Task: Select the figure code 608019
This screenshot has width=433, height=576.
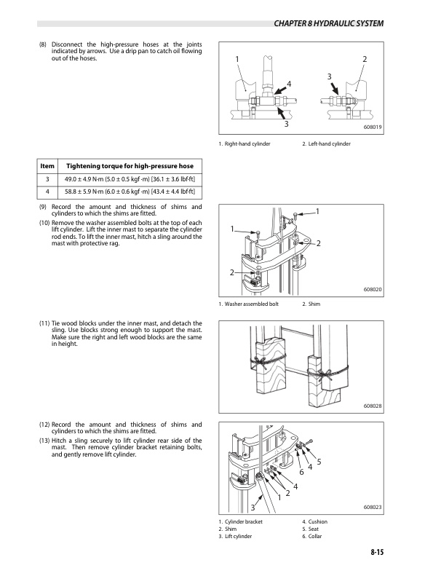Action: pyautogui.click(x=373, y=127)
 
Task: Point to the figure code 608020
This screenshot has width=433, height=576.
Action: pyautogui.click(x=373, y=290)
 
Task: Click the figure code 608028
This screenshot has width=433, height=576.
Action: pyautogui.click(x=373, y=406)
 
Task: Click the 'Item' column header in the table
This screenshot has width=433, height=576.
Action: pyautogui.click(x=47, y=167)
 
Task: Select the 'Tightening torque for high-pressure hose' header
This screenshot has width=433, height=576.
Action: pyautogui.click(x=129, y=167)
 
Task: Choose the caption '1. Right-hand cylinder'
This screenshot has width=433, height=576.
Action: pyautogui.click(x=245, y=144)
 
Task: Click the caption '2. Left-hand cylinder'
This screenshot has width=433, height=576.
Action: pyautogui.click(x=326, y=144)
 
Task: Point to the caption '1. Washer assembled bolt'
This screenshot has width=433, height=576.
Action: pyautogui.click(x=249, y=304)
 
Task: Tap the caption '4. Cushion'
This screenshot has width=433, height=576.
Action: pyautogui.click(x=317, y=521)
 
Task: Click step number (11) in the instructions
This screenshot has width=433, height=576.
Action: pyautogui.click(x=46, y=323)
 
